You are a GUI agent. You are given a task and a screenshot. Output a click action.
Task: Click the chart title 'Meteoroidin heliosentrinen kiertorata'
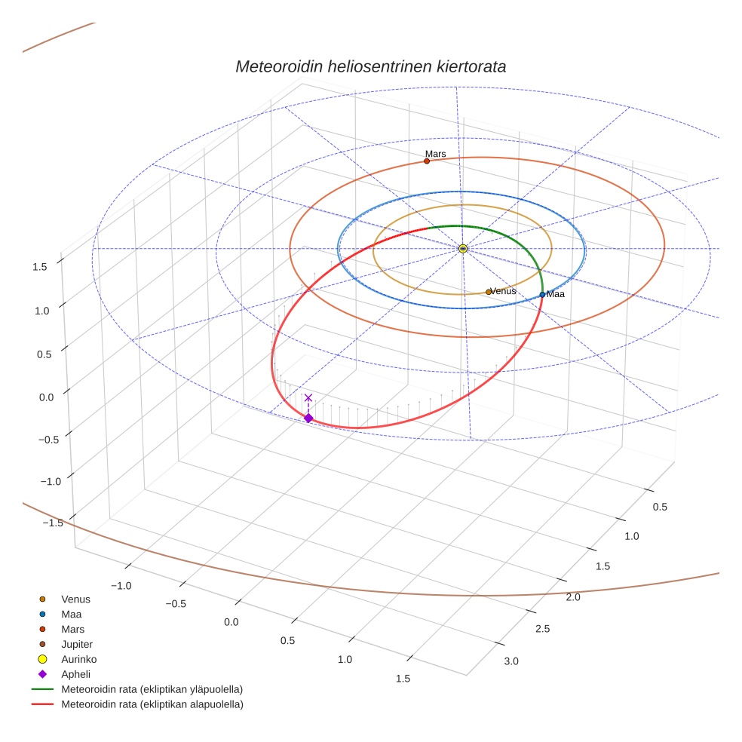[x=370, y=66]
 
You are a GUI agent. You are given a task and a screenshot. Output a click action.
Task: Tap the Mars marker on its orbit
[x=427, y=161]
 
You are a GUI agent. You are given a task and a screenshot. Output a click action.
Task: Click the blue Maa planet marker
[x=542, y=294]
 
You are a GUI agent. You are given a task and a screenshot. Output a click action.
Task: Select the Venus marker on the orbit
[x=489, y=292]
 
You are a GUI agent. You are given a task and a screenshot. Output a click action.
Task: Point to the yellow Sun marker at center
[x=463, y=248]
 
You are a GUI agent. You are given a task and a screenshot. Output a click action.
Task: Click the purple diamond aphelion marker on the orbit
[x=308, y=418]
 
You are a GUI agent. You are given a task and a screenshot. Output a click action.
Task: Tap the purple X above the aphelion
[x=308, y=397]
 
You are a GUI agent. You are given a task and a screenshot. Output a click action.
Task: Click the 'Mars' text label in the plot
[x=436, y=154]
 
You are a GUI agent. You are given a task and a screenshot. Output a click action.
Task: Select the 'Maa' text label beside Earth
[x=556, y=294]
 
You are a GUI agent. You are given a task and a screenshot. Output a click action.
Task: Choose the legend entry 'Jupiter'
[x=77, y=644]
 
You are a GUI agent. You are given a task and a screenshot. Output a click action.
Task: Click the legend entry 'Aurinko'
[x=78, y=659]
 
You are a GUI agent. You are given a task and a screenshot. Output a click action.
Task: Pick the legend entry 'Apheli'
[x=75, y=674]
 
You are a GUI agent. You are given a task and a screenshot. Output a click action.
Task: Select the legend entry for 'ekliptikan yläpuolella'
[x=152, y=689]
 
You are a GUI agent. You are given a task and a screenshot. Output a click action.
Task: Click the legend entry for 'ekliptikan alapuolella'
[x=152, y=704]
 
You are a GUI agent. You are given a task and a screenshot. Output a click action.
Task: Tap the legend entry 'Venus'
[x=75, y=599]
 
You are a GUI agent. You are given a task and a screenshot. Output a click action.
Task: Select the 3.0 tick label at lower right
[x=511, y=661]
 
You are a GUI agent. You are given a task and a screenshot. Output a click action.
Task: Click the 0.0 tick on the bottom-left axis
[x=231, y=622]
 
